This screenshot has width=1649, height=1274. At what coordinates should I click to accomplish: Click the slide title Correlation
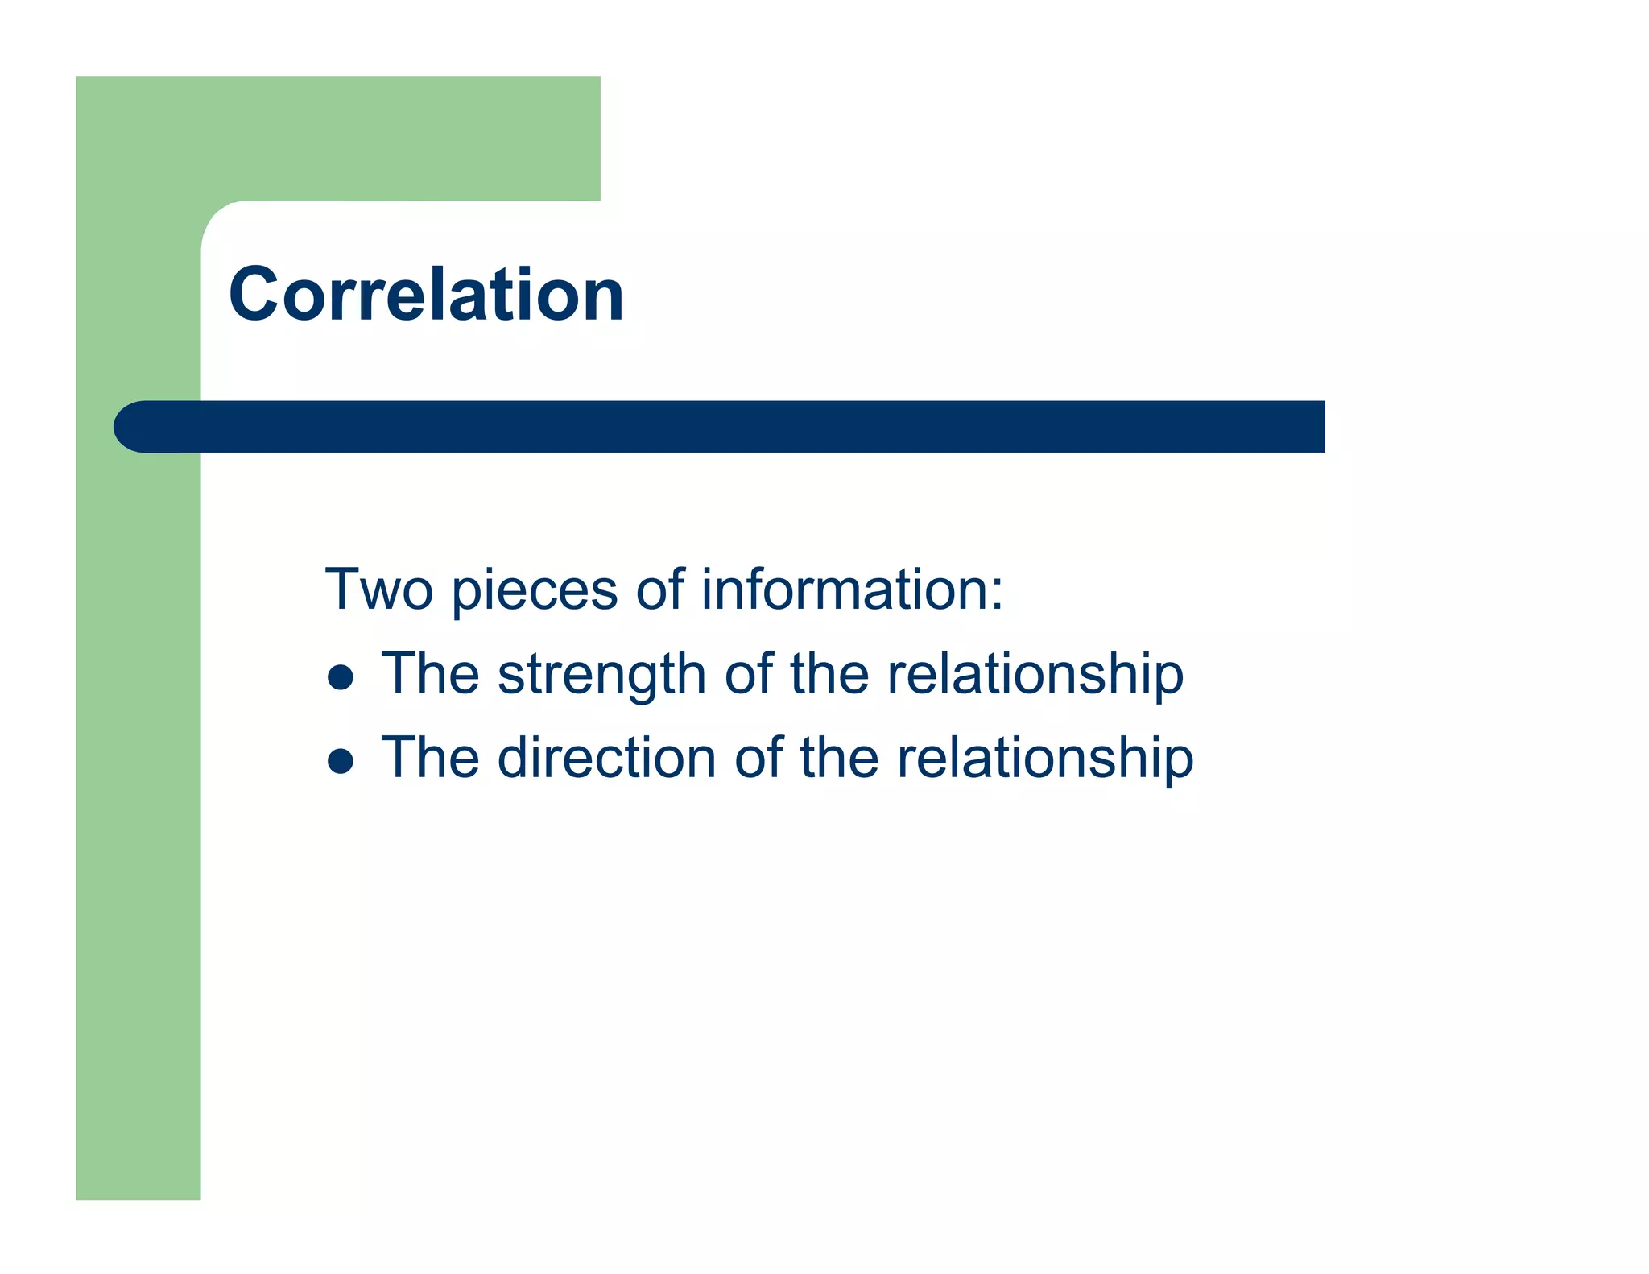(x=426, y=295)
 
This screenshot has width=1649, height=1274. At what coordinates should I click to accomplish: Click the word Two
(x=378, y=589)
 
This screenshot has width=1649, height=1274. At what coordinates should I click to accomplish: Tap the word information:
(x=852, y=589)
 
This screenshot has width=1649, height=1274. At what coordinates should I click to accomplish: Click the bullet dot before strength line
(x=341, y=677)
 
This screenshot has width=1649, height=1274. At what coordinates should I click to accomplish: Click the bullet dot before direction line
(x=341, y=761)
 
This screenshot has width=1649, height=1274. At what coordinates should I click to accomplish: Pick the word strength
(x=601, y=675)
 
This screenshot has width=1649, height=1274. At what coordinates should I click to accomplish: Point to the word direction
(x=606, y=758)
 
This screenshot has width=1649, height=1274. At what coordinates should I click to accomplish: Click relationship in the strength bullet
(x=1035, y=675)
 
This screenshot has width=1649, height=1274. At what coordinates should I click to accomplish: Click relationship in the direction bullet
(x=1044, y=759)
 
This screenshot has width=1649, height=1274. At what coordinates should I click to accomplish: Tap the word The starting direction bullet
(x=430, y=758)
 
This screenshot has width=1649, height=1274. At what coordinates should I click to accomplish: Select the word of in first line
(x=659, y=589)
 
